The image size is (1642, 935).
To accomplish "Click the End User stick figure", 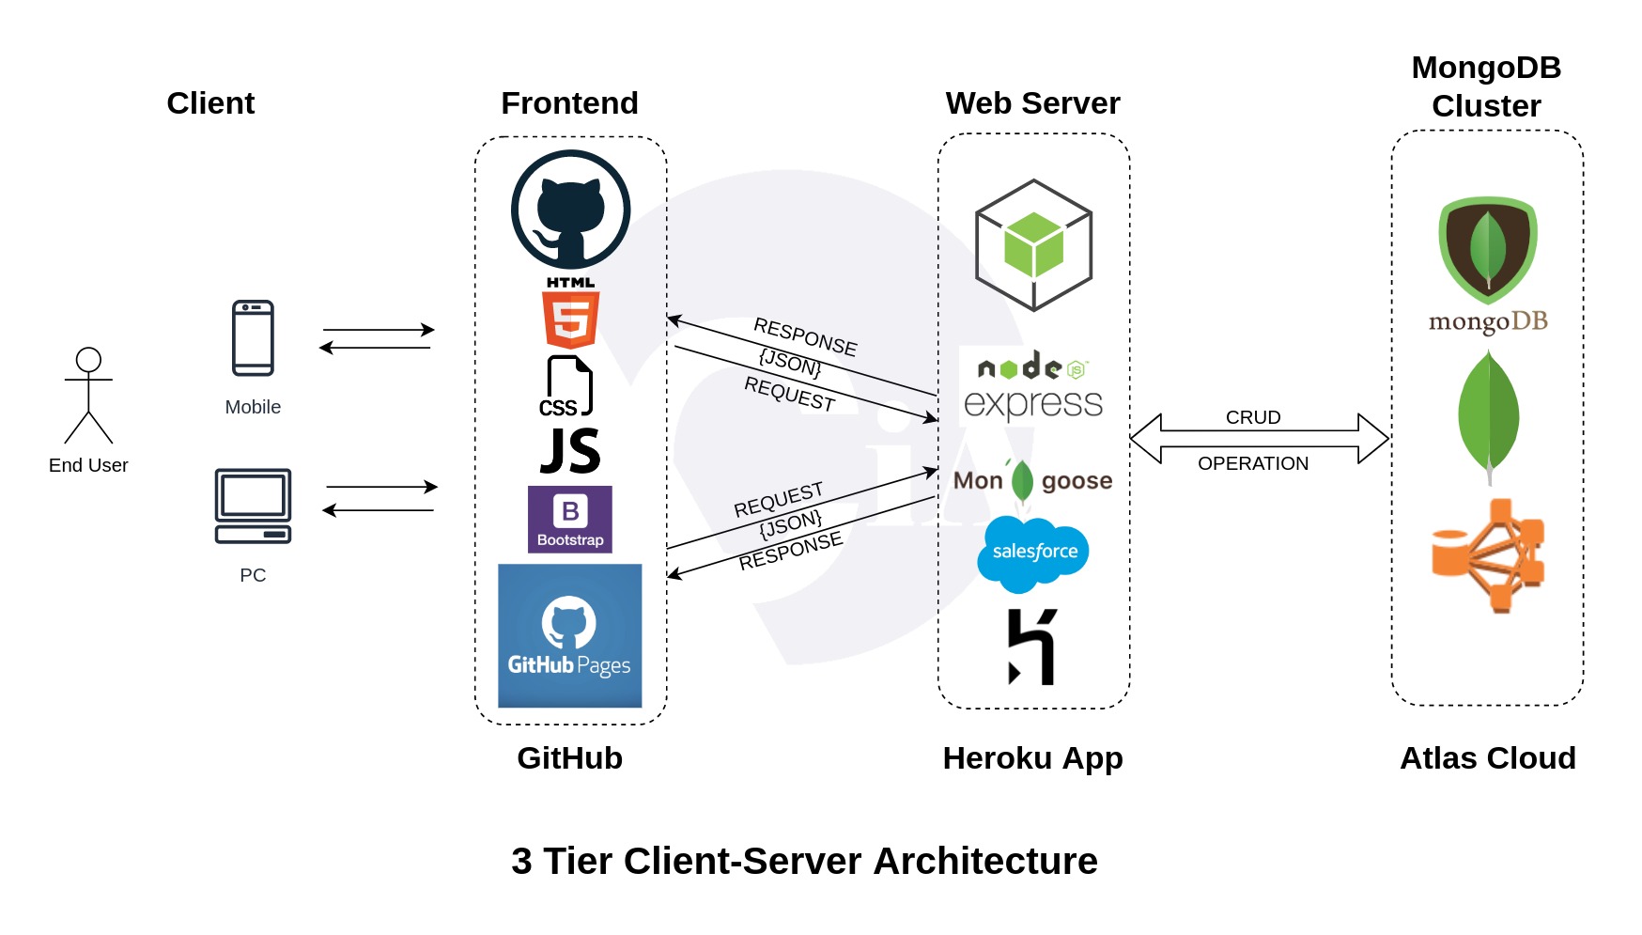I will pos(88,395).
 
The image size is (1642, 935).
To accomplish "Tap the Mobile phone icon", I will pos(253,338).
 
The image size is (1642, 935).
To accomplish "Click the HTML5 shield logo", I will pos(570,319).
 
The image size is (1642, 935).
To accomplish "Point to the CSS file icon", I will pos(568,386).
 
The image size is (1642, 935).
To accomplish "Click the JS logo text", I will pos(570,451).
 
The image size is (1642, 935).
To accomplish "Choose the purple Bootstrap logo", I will pos(570,519).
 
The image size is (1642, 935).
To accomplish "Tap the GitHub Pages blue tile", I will pos(569,635).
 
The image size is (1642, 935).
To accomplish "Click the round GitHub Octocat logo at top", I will pos(570,210).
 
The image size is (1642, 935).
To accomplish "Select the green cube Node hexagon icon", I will pos(1033,245).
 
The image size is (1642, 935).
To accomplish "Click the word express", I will pos(1032,404).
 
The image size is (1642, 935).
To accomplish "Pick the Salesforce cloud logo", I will pos(1033,553).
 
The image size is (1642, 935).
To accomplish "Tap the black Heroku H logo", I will pos(1031,647).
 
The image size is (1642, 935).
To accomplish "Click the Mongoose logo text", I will pos(1032,481).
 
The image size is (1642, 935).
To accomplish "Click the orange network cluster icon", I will pos(1488,555).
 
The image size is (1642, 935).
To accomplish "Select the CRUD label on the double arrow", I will pos(1252,417).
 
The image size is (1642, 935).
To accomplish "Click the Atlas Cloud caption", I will pos(1487,757).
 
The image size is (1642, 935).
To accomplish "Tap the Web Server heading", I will pos(1032,102).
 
